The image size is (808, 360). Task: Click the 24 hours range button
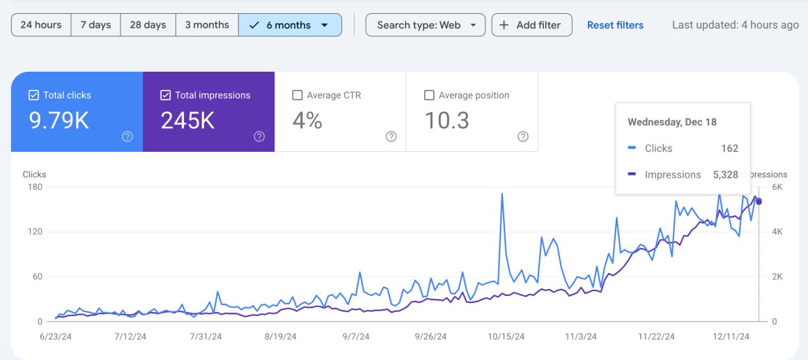pos(41,25)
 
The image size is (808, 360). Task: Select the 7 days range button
pos(95,25)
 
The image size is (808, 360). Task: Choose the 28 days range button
pos(148,25)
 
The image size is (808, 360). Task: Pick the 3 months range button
pos(207,25)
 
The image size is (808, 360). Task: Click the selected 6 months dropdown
pos(290,25)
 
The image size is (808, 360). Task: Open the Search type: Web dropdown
pos(425,25)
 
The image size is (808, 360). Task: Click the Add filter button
pos(531,25)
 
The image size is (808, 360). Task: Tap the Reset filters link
pos(615,25)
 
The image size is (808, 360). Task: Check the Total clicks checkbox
pos(33,95)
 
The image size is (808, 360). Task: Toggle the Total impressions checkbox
pos(165,95)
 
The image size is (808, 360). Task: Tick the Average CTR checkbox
pos(297,95)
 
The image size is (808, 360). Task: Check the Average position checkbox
pos(429,95)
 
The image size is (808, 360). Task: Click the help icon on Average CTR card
pos(391,136)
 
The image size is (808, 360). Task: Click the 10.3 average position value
pos(446,120)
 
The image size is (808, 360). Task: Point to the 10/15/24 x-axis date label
pos(506,336)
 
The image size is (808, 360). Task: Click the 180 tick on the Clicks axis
pos(34,187)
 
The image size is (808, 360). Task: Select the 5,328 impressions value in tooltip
pos(725,175)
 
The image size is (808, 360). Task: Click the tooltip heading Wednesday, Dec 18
pos(671,122)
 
